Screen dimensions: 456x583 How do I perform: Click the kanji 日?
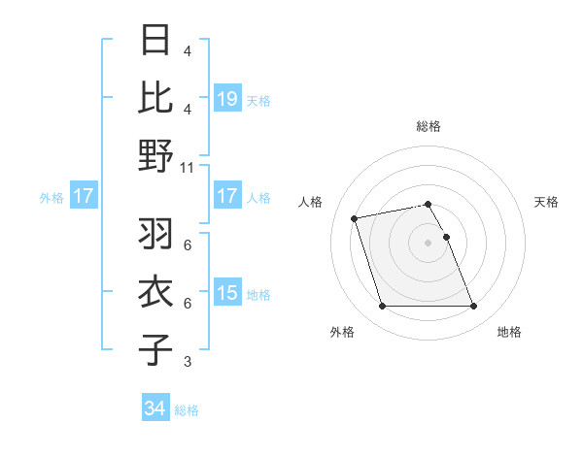pos(156,41)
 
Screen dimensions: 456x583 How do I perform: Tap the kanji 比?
pos(156,97)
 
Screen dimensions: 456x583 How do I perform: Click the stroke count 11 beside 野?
pos(188,167)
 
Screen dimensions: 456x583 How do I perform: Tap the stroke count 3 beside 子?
pos(187,362)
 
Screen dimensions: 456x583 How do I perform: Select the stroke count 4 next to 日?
pos(187,50)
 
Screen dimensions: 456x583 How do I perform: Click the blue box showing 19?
pos(226,98)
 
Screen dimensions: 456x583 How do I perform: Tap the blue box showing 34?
pos(154,408)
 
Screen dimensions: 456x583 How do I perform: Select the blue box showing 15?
pos(226,293)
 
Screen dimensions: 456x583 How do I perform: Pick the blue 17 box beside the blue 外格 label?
pos(83,196)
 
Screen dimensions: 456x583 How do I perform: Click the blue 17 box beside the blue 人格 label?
pos(226,196)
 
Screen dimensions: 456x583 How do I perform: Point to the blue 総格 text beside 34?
pos(187,409)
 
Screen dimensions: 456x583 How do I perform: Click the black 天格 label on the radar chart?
pos(546,202)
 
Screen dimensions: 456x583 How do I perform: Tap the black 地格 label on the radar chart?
pos(509,332)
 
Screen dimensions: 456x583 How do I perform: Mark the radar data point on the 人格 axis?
pos(355,217)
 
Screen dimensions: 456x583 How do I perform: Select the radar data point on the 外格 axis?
pos(382,307)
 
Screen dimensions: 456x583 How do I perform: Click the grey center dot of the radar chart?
pos(428,243)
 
